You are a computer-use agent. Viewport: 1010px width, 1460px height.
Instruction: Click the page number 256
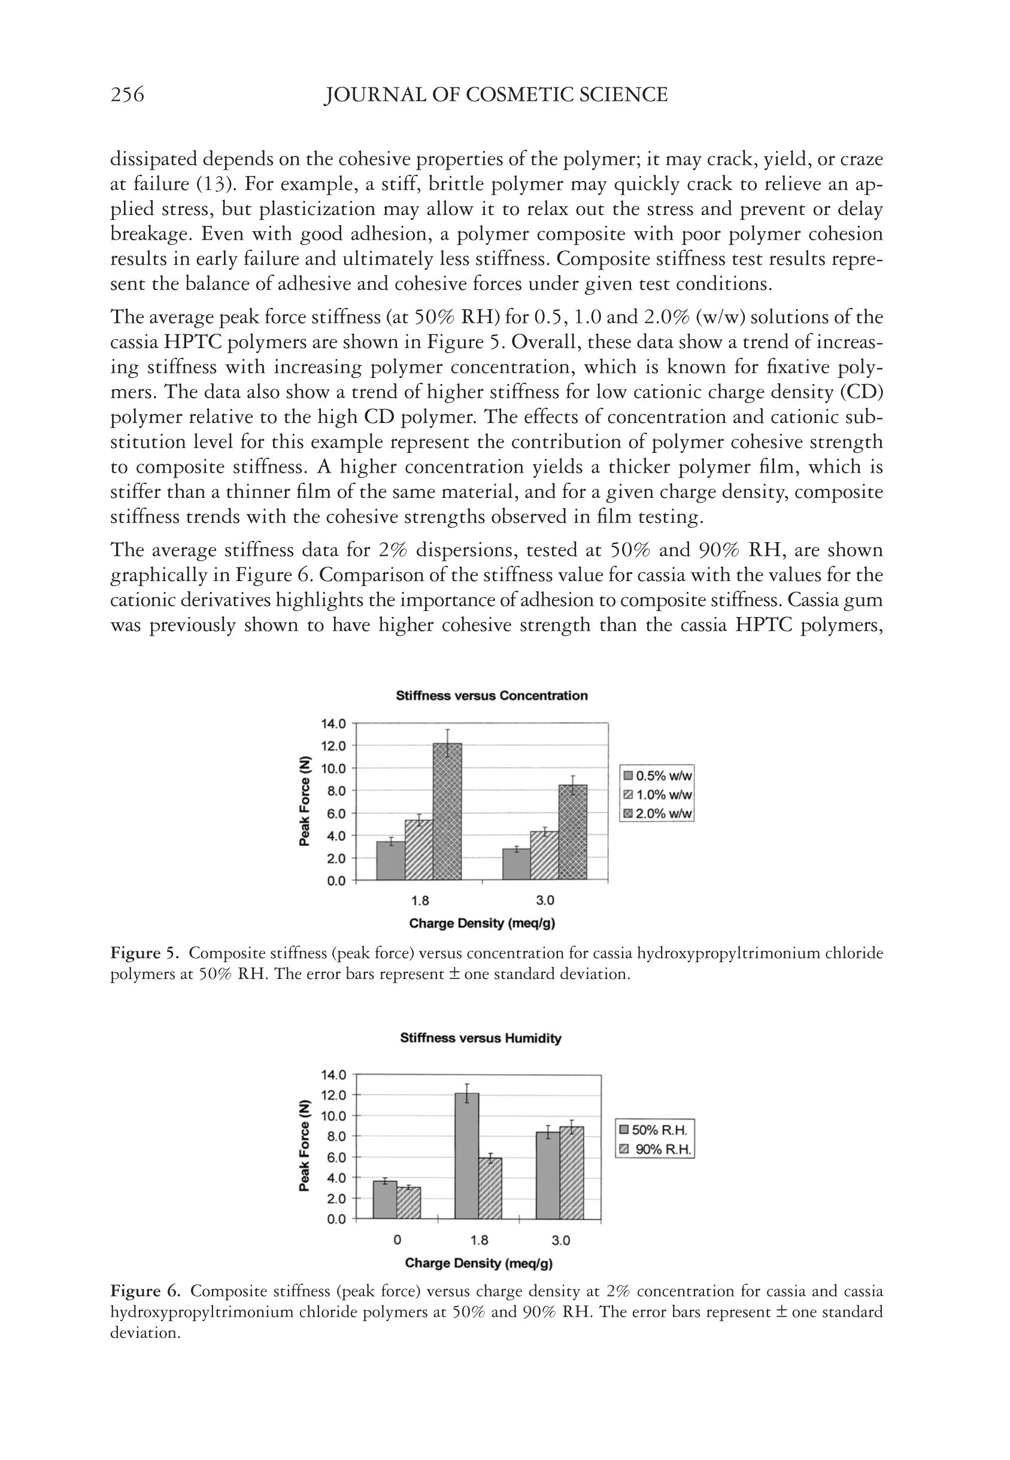(127, 95)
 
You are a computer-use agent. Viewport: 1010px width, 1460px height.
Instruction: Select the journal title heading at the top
(496, 95)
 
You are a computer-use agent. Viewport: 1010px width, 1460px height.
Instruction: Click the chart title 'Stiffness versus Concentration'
(492, 696)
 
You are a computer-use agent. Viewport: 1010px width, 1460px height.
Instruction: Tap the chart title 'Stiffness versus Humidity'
(480, 1038)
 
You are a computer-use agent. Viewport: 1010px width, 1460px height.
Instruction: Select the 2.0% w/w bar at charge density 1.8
(447, 812)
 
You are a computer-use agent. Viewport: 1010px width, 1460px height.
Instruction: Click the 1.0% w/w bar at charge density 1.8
(419, 850)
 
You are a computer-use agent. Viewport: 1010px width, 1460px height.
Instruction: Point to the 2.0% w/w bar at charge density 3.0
(573, 833)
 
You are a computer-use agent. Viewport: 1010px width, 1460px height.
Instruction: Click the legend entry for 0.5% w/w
(657, 776)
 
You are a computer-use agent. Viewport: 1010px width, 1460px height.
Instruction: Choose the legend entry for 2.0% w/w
(657, 814)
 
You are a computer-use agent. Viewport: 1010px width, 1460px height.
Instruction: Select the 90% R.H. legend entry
(655, 1149)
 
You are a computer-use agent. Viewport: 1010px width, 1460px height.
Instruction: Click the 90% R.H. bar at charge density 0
(409, 1202)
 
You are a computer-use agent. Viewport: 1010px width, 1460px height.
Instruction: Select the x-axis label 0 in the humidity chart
(397, 1240)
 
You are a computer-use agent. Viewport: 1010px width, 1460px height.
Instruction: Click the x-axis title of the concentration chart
(481, 923)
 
